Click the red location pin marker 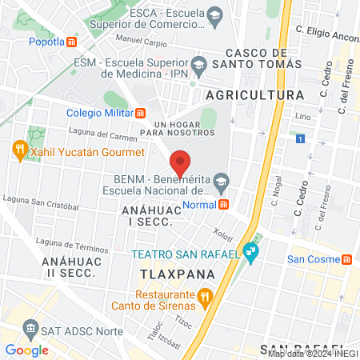pyautogui.click(x=181, y=162)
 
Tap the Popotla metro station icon pyautogui.click(x=72, y=42)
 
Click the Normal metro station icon pyautogui.click(x=223, y=204)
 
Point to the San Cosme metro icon pyautogui.click(x=346, y=259)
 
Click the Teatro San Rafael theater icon pyautogui.click(x=253, y=253)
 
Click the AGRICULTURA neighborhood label pyautogui.click(x=254, y=94)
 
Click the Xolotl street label pyautogui.click(x=222, y=233)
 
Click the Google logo pyautogui.click(x=26, y=350)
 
